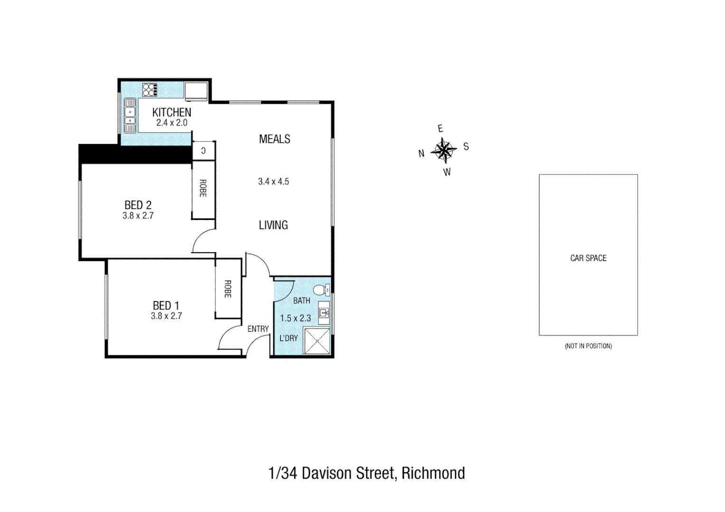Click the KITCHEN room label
click(x=171, y=112)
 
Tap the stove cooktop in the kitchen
click(x=149, y=89)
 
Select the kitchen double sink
click(x=130, y=115)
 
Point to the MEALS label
click(x=274, y=139)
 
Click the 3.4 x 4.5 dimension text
click(x=273, y=181)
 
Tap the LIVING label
click(x=273, y=225)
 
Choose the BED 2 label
click(x=138, y=205)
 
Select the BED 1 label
click(x=166, y=305)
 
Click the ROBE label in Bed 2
click(x=203, y=188)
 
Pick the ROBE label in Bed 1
click(x=228, y=289)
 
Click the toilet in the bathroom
click(x=321, y=290)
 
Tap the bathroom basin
click(x=324, y=312)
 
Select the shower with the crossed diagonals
click(x=316, y=340)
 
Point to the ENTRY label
click(x=258, y=329)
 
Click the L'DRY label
click(x=288, y=338)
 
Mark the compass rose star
click(x=444, y=150)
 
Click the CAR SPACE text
click(x=588, y=258)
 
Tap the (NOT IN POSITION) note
click(x=588, y=346)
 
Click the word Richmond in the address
click(x=433, y=473)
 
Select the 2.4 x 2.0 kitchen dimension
click(x=172, y=123)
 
